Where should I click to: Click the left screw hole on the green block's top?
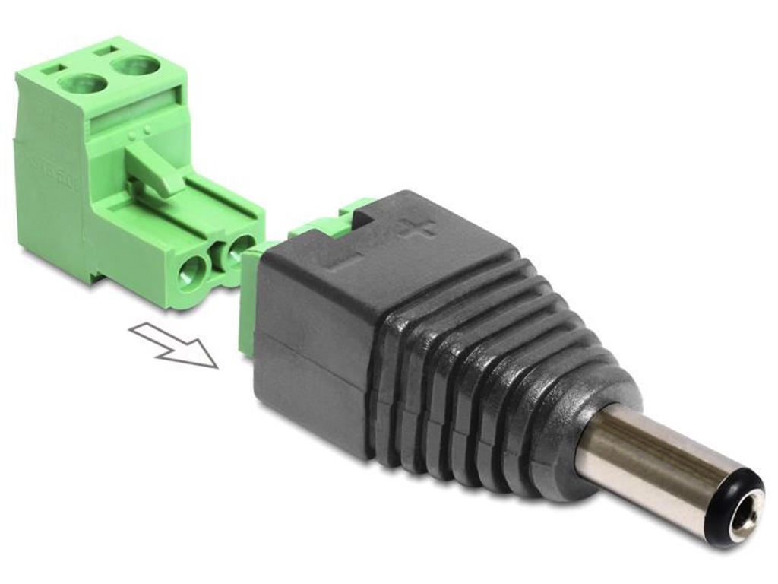(81, 82)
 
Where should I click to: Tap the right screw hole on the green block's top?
(136, 65)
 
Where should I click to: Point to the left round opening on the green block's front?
(191, 272)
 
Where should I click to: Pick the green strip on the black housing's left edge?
(248, 304)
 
